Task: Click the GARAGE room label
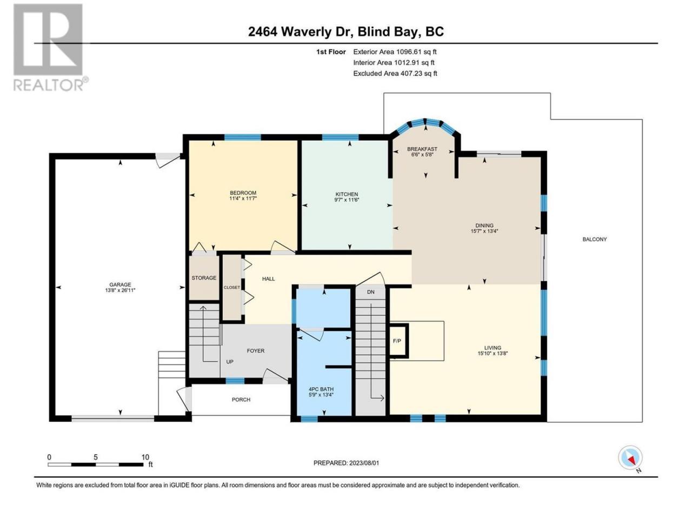(x=120, y=284)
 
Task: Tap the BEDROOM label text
(x=243, y=193)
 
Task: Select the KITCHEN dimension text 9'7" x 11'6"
(x=347, y=200)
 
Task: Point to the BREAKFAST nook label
(x=422, y=149)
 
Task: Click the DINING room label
(x=484, y=225)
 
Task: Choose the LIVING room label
(x=493, y=348)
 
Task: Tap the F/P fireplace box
(x=399, y=341)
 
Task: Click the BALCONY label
(x=594, y=239)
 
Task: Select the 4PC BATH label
(x=321, y=389)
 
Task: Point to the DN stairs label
(x=370, y=292)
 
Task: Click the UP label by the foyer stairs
(x=230, y=362)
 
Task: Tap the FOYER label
(x=255, y=351)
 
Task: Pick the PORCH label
(x=241, y=400)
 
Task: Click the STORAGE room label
(x=204, y=278)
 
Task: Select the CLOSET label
(x=232, y=288)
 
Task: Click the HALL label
(x=268, y=278)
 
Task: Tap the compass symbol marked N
(x=630, y=457)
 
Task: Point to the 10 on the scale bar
(x=145, y=457)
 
